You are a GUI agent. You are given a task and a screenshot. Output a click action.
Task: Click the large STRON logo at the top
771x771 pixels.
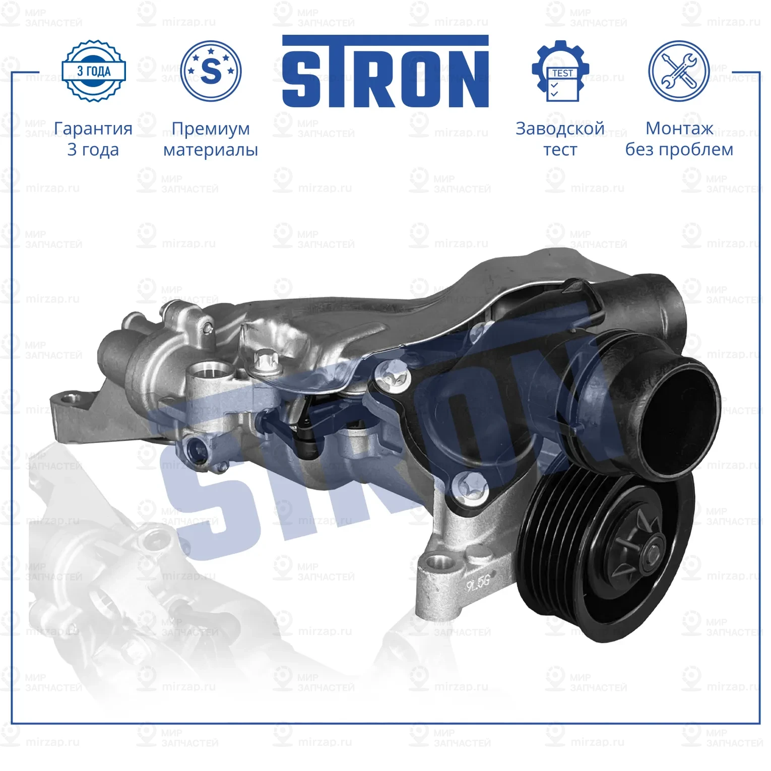385,72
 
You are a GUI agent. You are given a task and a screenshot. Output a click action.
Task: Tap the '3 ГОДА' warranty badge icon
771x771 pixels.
94,71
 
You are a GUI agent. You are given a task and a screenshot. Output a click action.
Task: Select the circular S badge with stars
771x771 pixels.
211,71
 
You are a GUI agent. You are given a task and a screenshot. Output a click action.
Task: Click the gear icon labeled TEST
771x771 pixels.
560,72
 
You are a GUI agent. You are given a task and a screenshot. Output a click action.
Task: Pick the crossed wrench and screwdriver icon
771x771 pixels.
678,71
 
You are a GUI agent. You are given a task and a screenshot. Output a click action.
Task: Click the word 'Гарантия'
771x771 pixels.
93,128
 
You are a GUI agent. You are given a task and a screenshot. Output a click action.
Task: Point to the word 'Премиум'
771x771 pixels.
211,128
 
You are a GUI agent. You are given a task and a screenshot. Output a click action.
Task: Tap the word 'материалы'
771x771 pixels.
211,150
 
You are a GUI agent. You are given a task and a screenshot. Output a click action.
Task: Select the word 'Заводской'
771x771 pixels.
560,128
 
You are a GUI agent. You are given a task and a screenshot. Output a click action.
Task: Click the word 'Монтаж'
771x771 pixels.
679,128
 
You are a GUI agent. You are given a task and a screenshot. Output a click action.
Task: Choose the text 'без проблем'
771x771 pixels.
679,150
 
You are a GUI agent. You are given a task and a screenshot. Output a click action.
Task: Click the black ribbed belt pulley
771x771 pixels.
605,554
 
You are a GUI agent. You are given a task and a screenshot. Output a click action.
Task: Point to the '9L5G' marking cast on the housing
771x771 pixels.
477,584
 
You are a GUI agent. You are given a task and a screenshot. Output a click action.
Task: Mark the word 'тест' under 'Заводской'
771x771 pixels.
560,150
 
